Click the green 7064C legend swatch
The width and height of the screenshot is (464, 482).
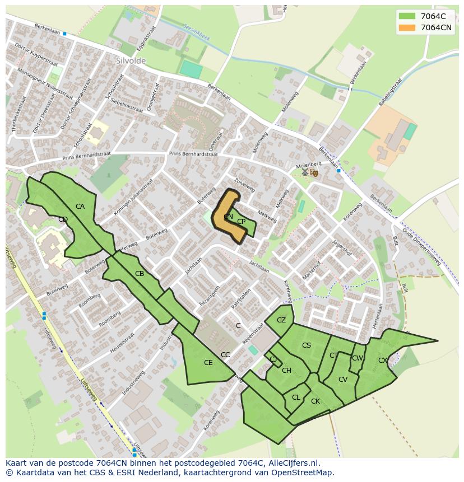[x=407, y=16]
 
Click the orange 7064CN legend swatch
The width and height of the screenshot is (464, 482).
[x=407, y=27]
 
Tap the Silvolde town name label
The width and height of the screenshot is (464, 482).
[x=131, y=60]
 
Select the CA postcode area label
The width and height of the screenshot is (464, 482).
[x=80, y=207]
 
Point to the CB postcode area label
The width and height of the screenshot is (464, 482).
[x=140, y=274]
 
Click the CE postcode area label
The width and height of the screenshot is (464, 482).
[x=208, y=363]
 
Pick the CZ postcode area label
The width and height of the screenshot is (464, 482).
[x=281, y=320]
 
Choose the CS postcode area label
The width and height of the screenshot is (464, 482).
[x=306, y=345]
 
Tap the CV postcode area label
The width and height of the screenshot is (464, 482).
[x=343, y=379]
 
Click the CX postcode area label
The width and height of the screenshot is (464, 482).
[x=382, y=361]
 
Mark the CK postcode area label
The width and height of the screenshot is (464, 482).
[x=315, y=401]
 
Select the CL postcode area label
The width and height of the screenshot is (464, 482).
[x=296, y=397]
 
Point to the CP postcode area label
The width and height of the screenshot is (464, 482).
[x=241, y=222]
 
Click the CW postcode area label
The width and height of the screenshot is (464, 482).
[x=357, y=358]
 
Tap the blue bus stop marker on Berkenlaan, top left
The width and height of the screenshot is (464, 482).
[x=64, y=34]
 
